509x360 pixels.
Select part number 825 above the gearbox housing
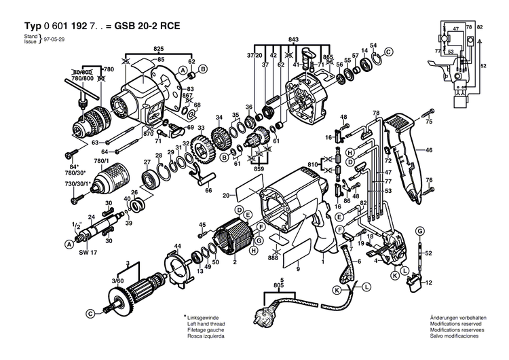click(x=158, y=50)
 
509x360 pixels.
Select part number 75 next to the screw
click(x=428, y=122)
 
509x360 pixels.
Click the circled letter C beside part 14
click(x=388, y=52)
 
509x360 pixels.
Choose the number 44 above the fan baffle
click(x=178, y=245)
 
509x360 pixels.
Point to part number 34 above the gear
click(x=219, y=118)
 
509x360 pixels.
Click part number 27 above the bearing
click(x=147, y=162)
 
